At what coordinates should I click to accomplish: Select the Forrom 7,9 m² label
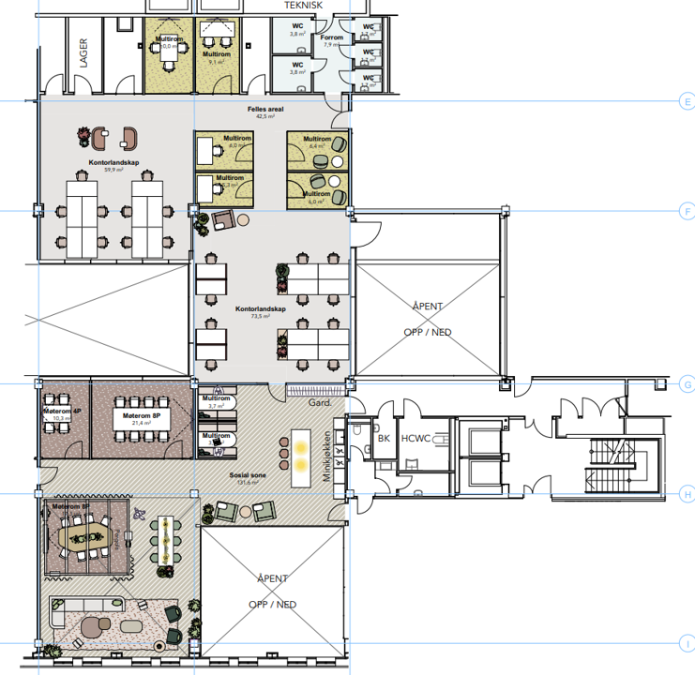[332, 41]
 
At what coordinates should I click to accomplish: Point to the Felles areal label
[265, 113]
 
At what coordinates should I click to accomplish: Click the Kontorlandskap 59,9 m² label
[109, 166]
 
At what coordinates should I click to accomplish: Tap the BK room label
[383, 438]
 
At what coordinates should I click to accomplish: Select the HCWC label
[415, 438]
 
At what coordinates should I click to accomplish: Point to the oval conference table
[87, 535]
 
